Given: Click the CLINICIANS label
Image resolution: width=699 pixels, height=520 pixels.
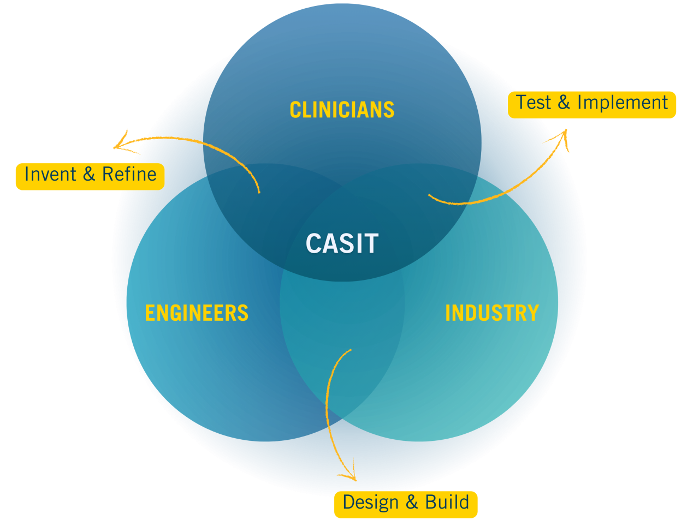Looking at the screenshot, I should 342,110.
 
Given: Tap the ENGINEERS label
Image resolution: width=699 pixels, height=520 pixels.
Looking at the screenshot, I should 197,313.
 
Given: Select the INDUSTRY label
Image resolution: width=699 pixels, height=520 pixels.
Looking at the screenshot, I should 492,313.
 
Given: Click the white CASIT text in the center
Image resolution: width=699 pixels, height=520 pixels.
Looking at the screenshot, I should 342,243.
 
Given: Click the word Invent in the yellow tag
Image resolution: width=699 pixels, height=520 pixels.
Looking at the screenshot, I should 50,175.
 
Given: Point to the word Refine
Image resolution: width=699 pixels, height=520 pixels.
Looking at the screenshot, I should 129,175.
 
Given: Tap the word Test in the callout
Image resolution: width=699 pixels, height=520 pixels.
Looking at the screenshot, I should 534,103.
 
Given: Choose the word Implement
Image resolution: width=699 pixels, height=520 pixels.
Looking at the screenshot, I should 623,103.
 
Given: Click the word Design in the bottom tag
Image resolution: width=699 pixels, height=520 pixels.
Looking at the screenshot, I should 371,503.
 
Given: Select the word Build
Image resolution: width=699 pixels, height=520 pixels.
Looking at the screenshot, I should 447,503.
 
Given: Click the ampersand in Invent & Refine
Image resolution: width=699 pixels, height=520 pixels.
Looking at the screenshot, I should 89,175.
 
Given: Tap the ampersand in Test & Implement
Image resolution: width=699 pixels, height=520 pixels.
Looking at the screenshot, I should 564,103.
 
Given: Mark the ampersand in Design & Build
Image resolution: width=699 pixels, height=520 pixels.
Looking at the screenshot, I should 412,503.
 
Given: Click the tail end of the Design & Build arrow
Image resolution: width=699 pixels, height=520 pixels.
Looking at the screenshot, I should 350,350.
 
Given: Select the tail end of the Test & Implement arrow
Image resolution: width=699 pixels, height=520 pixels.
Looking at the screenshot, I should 430,195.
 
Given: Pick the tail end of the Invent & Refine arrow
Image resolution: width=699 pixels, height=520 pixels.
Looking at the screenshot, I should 259,192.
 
